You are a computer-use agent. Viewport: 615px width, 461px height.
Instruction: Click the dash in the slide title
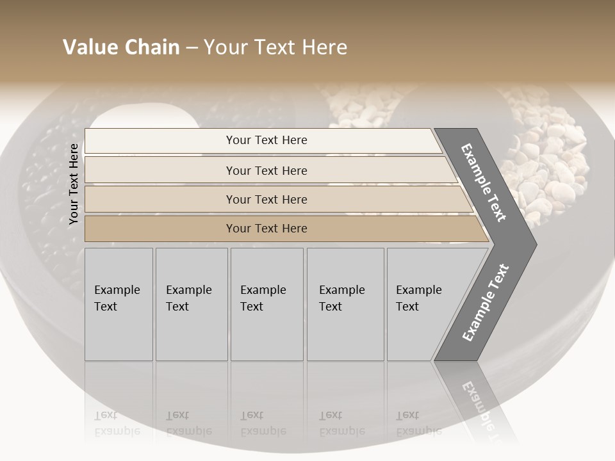[x=192, y=48]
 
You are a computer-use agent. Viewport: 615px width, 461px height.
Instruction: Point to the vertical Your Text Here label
[x=74, y=184]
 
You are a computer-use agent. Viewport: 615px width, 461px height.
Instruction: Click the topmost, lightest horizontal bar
[x=266, y=140]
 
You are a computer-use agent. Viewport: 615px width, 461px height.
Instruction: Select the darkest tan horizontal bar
[x=266, y=229]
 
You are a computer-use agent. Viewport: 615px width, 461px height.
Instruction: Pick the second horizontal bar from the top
[x=266, y=170]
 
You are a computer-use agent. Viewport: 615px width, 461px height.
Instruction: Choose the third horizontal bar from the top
[x=266, y=199]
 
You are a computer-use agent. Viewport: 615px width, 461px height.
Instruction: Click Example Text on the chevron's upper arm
[x=484, y=182]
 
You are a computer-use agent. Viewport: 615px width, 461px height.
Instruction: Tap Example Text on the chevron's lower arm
[x=485, y=303]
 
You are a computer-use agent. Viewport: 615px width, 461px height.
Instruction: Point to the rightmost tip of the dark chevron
[x=535, y=244]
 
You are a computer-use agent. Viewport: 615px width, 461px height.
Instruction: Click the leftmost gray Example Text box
[x=119, y=304]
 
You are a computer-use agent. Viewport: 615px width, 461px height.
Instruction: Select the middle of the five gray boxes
[x=266, y=304]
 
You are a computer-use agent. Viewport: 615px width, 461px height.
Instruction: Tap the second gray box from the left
[x=192, y=304]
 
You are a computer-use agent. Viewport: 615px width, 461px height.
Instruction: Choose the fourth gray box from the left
[x=345, y=304]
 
